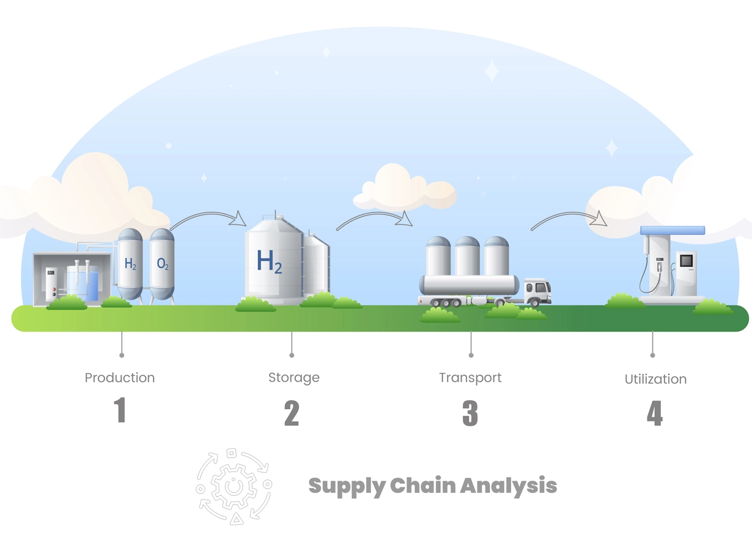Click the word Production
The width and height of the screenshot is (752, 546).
(x=119, y=378)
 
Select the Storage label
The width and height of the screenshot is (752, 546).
(x=293, y=378)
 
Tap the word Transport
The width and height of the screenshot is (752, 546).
(x=470, y=378)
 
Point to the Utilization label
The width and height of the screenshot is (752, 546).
(x=655, y=379)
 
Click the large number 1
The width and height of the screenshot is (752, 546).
(x=120, y=410)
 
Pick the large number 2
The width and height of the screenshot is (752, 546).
(x=292, y=413)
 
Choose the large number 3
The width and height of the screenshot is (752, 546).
(x=470, y=413)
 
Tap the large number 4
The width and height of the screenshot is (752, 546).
(x=655, y=413)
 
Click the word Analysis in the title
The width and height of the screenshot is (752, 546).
(x=508, y=486)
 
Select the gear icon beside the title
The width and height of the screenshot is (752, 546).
(x=234, y=487)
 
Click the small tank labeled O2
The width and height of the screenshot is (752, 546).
(x=162, y=265)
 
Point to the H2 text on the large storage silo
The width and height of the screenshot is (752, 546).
(x=269, y=262)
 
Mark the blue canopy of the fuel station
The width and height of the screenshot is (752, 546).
(x=673, y=230)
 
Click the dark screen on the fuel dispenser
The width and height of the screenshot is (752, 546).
(x=686, y=261)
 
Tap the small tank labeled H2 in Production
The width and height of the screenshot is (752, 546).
(x=130, y=264)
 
